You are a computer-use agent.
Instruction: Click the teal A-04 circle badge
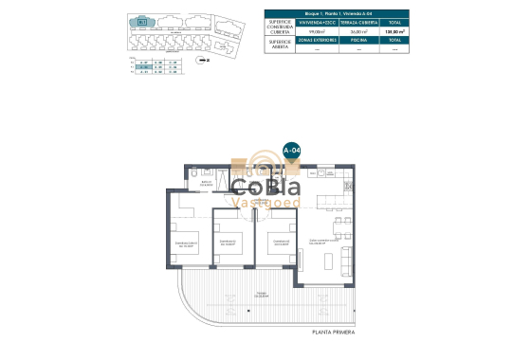pos(292,151)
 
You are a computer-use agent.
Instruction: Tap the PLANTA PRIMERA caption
pos(334,332)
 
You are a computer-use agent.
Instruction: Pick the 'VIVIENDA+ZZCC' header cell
pos(316,22)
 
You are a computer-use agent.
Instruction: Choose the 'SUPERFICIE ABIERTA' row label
pos(280,45)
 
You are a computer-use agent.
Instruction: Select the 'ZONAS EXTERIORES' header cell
pos(316,41)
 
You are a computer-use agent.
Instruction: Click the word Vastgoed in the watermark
pos(265,202)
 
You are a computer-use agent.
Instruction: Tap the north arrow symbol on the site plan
pos(207,59)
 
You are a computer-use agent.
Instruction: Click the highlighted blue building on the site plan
pos(143,20)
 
